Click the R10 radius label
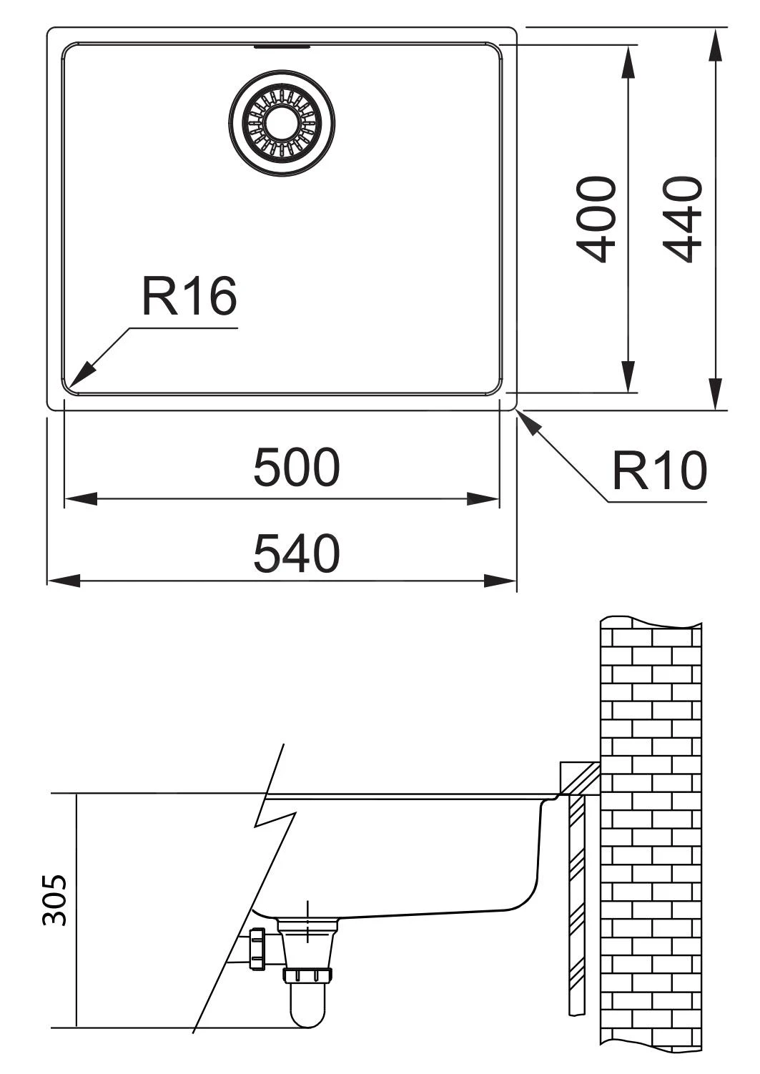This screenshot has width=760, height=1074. [658, 471]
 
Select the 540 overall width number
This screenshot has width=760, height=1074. [297, 554]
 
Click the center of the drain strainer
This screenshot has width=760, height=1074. [281, 122]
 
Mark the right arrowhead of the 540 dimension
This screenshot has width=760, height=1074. [500, 581]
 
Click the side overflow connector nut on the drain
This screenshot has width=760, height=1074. [257, 948]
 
